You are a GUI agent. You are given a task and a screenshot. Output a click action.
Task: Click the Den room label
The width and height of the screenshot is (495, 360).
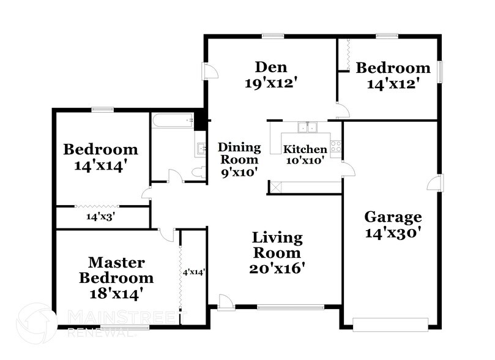[271, 67]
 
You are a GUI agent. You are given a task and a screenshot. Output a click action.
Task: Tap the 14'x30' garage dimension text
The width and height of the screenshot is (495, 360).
[393, 233]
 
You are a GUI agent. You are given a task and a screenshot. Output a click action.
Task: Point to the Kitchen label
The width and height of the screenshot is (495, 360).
[304, 149]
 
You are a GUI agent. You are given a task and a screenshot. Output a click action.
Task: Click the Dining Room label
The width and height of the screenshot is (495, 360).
[239, 154]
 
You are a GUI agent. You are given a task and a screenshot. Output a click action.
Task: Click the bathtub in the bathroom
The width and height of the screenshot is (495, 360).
[173, 121]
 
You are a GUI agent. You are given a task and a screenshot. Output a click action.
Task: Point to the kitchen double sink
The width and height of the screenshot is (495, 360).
[307, 127]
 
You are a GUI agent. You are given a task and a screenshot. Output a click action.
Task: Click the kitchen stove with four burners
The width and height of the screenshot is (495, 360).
[335, 146]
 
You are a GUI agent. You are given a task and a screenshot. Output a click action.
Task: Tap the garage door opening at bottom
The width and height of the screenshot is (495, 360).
[390, 324]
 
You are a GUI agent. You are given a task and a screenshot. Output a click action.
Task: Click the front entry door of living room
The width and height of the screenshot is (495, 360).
[225, 301]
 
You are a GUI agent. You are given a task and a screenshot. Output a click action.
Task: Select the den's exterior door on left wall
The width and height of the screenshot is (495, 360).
[210, 72]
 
